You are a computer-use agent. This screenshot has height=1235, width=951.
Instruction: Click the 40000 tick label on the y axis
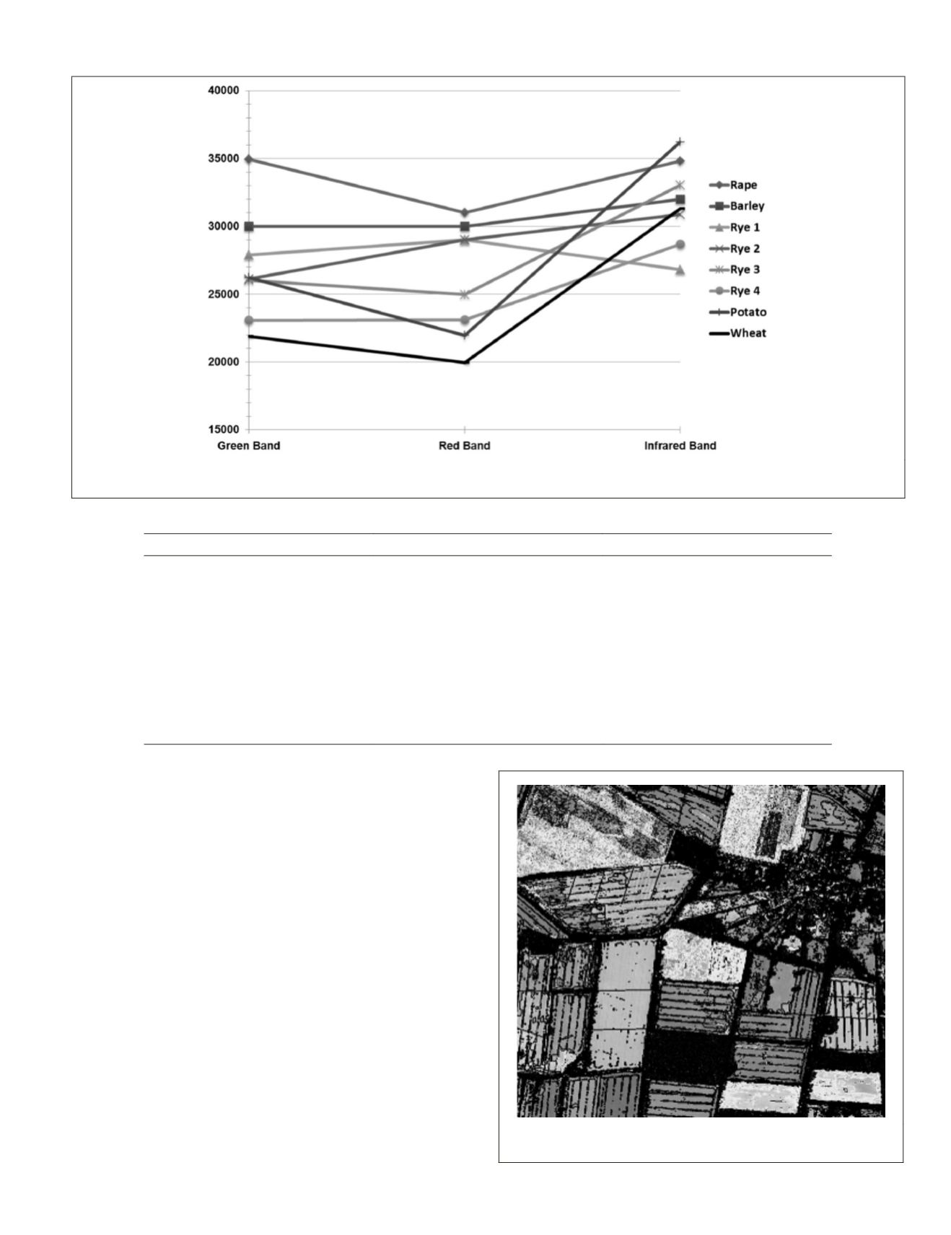(x=222, y=91)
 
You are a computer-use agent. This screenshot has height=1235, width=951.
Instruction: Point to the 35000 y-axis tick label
(x=222, y=159)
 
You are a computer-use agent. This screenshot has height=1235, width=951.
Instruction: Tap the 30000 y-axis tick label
(x=222, y=227)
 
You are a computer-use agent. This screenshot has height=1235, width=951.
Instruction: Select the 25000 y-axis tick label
(x=222, y=294)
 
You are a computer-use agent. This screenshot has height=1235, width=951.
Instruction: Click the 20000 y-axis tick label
(x=222, y=362)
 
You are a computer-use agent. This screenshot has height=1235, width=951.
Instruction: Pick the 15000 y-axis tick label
(x=222, y=430)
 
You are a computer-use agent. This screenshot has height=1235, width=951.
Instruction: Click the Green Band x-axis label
(x=249, y=446)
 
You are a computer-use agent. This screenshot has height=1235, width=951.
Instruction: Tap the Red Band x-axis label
(x=465, y=446)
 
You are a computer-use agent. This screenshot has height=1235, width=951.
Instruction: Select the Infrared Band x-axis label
(x=680, y=446)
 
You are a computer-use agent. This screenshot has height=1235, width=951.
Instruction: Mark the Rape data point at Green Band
(x=249, y=159)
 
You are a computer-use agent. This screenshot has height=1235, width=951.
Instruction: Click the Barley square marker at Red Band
(x=465, y=227)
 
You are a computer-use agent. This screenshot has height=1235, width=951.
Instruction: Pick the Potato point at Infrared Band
(x=680, y=142)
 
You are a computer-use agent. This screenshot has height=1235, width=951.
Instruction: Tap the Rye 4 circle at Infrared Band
(x=680, y=245)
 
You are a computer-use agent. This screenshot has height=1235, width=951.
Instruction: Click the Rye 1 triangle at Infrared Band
(x=680, y=270)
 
